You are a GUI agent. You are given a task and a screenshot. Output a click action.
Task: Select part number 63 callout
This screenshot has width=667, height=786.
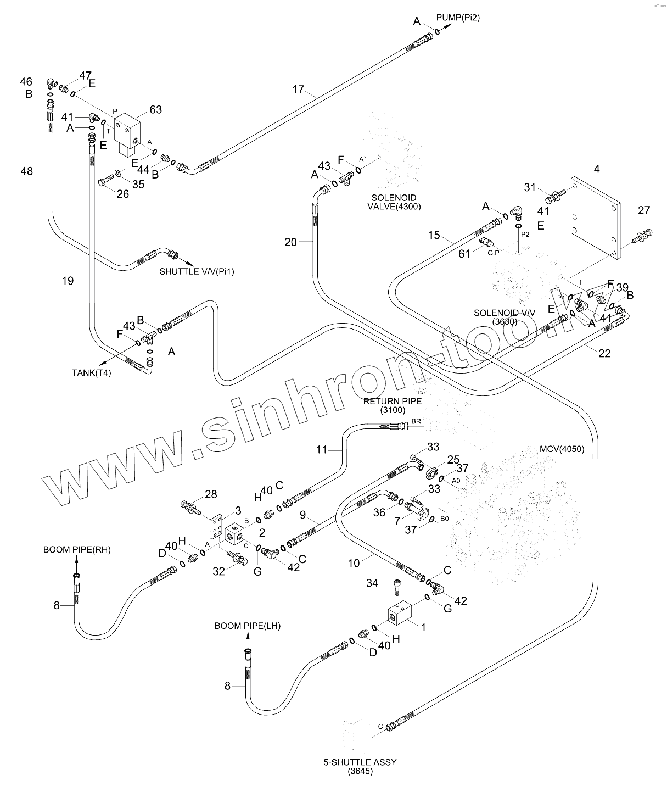click(x=155, y=110)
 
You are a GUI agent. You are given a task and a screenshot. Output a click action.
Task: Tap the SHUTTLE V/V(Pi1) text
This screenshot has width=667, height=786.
click(x=197, y=271)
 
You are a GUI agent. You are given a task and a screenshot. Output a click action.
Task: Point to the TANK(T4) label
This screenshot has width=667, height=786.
click(x=91, y=372)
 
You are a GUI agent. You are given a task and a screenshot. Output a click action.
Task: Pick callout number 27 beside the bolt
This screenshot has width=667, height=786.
click(x=644, y=210)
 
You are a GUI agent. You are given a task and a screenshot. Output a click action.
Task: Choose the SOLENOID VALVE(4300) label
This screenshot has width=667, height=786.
click(x=394, y=202)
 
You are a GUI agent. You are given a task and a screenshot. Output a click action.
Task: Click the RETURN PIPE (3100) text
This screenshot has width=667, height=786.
click(x=393, y=405)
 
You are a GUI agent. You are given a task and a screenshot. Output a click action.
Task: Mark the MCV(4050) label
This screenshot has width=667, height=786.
click(x=562, y=449)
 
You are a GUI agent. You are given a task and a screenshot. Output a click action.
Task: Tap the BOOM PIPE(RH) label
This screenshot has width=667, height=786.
click(x=77, y=549)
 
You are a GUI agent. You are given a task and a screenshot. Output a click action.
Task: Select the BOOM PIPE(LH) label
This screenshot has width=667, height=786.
click(x=248, y=626)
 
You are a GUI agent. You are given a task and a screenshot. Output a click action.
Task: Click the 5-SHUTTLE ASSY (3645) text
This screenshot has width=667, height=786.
click(x=360, y=766)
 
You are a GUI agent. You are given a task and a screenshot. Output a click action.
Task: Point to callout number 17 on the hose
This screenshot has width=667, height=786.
click(x=298, y=90)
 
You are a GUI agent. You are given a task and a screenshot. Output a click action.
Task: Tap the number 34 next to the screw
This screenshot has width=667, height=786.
click(x=372, y=583)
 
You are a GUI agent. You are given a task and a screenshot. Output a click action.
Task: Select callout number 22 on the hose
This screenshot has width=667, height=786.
click(x=604, y=353)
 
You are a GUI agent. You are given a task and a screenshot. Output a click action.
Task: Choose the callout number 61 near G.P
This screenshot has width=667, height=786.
click(x=464, y=253)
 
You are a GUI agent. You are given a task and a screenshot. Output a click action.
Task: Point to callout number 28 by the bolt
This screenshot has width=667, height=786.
click(x=211, y=495)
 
